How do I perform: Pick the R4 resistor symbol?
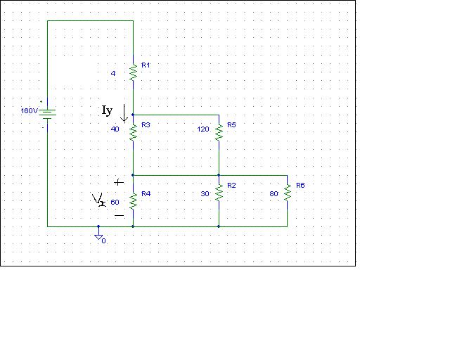(x=132, y=200)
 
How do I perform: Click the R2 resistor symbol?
(x=219, y=191)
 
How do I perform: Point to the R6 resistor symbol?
(x=287, y=191)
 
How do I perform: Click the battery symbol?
(x=47, y=113)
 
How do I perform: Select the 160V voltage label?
(x=29, y=111)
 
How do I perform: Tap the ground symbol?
(x=98, y=237)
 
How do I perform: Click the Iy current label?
(x=107, y=110)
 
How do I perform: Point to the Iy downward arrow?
(x=125, y=112)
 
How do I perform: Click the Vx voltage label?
(x=98, y=201)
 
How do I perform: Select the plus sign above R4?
(x=117, y=181)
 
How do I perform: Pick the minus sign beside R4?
(x=118, y=214)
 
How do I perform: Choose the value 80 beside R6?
(x=274, y=193)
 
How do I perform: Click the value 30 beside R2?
(x=205, y=193)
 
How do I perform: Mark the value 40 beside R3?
(x=115, y=129)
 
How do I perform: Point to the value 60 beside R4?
(x=115, y=202)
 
